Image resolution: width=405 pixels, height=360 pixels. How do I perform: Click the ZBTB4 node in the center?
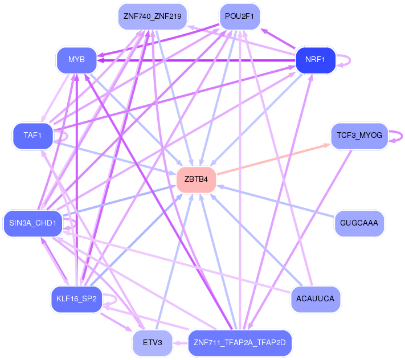pos(196,179)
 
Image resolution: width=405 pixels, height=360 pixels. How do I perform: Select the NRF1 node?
pos(316,60)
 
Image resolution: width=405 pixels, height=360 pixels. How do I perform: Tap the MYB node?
pos(76,60)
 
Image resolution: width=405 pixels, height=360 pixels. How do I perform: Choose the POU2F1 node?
pos(239,17)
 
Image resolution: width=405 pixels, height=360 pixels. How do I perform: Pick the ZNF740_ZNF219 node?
pos(153,17)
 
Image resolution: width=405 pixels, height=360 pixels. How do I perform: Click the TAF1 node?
pos(33,136)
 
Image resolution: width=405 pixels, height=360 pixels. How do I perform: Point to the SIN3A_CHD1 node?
pos(33,223)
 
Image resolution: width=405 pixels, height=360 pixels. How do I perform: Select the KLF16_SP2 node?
pos(76,299)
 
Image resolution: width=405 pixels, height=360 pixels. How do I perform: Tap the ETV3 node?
pos(153,343)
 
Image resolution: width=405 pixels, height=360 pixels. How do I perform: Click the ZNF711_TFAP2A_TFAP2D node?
pos(240,343)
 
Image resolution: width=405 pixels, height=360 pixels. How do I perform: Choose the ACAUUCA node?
pos(316,299)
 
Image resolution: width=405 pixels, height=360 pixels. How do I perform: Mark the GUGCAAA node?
pos(359,223)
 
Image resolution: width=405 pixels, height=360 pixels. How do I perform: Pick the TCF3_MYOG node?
pos(359,136)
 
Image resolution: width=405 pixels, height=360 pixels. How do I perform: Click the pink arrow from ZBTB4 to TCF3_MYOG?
pos(274,159)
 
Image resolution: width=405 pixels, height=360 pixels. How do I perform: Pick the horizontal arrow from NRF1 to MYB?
pos(196,60)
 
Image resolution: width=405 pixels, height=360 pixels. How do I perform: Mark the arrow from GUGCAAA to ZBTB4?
pos(276,201)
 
